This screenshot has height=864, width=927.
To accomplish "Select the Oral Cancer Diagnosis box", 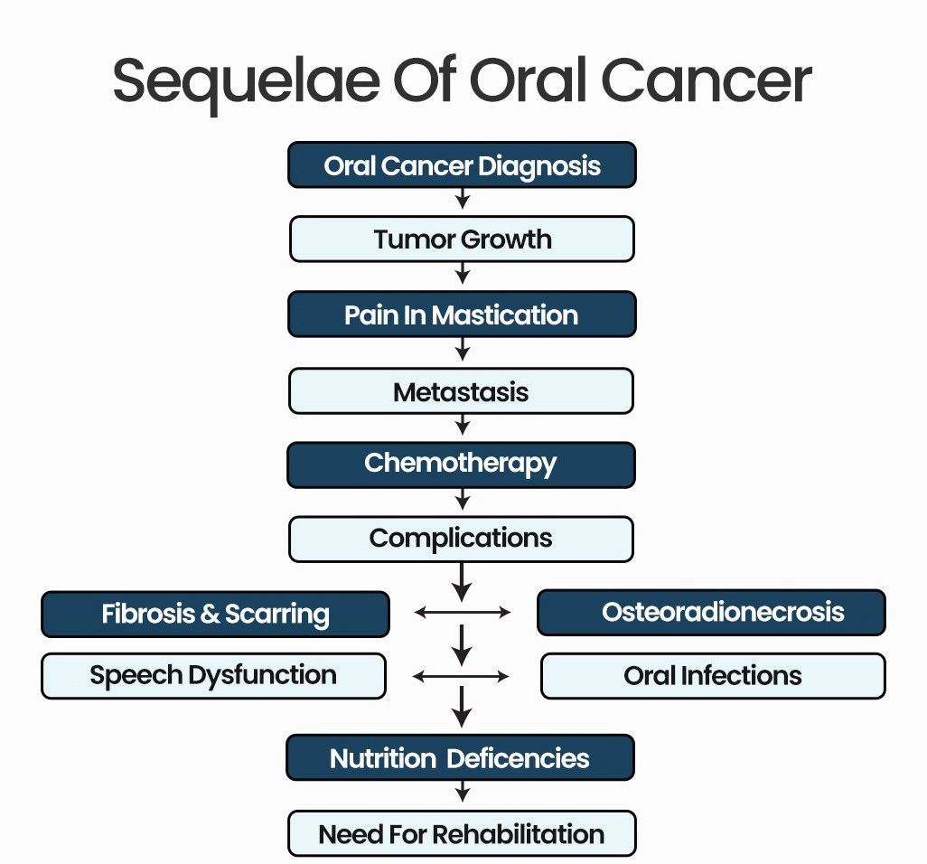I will (x=462, y=165).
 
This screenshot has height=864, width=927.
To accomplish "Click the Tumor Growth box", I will (x=462, y=239).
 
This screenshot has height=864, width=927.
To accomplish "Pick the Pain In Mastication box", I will (x=462, y=315).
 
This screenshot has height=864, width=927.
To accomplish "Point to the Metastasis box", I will (x=462, y=391).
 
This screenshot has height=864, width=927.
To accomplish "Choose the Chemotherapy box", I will (x=462, y=464).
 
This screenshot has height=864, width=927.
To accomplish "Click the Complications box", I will (x=462, y=539).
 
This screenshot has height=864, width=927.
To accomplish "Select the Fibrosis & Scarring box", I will (x=215, y=614).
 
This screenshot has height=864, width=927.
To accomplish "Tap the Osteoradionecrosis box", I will (x=711, y=613).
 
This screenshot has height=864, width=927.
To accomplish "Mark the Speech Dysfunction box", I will (x=213, y=675).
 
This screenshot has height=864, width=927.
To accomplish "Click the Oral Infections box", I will (x=713, y=676).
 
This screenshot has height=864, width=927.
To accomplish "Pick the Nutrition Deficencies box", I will (x=460, y=757).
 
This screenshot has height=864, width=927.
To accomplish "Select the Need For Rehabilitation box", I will (x=462, y=833).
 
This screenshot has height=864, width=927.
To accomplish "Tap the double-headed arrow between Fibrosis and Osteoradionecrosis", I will (x=463, y=613).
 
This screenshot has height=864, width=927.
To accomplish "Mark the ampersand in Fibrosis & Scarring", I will (x=210, y=615).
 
